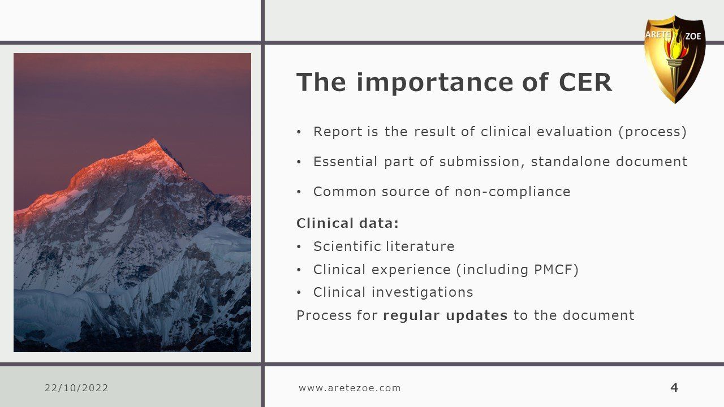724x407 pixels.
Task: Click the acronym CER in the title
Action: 585,82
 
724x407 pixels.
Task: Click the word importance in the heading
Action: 435,83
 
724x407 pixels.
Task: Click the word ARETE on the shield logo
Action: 657,34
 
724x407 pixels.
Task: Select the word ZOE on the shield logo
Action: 693,36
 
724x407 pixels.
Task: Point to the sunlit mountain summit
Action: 153,140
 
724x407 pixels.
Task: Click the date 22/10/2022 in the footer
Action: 76,388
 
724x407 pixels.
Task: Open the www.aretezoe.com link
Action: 350,388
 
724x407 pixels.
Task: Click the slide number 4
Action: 674,387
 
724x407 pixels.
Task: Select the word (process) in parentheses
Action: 653,132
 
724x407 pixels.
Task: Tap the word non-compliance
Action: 512,192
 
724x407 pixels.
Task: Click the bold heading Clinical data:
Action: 347,223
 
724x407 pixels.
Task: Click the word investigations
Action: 422,293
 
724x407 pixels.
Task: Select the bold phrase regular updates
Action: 445,315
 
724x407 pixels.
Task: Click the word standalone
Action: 570,162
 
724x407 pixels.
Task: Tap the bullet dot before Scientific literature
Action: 299,247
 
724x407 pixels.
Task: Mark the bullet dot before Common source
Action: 299,192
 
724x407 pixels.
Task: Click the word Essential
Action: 345,162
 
